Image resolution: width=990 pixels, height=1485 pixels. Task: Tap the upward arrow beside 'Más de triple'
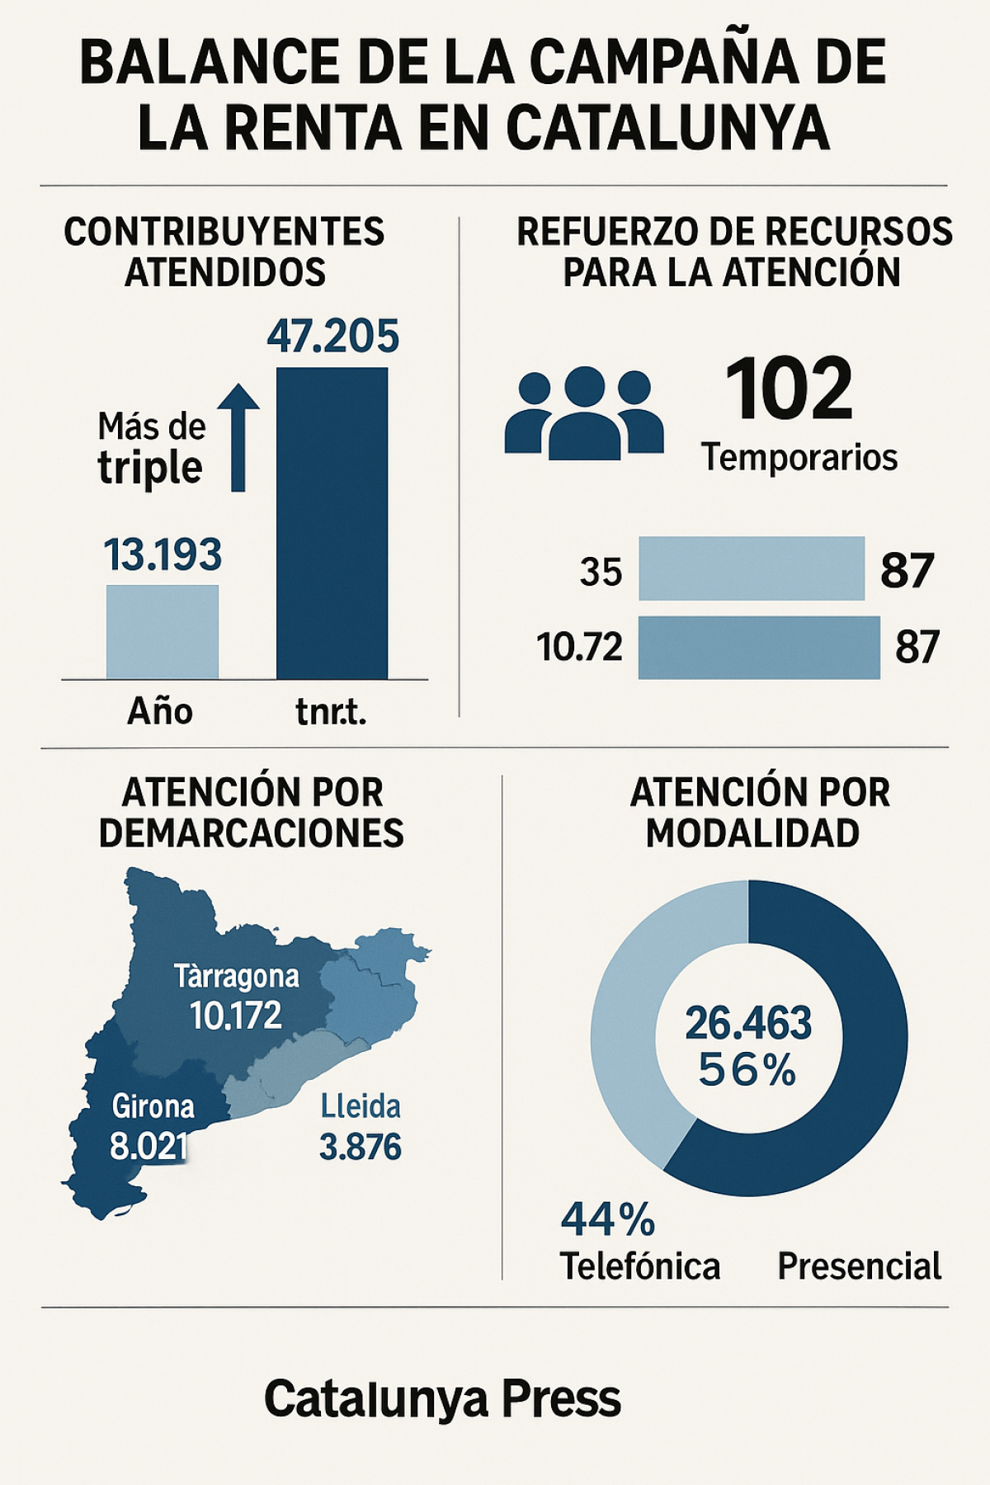tap(238, 436)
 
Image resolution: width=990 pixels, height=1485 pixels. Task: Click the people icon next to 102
tap(584, 413)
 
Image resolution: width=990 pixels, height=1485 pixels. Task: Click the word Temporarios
tap(799, 457)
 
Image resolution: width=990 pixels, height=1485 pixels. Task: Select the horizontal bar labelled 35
tap(751, 568)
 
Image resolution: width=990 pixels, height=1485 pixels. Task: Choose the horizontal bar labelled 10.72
tap(758, 648)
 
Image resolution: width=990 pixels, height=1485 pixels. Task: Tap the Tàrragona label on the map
tap(237, 977)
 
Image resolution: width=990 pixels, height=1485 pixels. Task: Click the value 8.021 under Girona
tap(148, 1146)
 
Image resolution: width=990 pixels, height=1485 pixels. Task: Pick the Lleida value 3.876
tap(361, 1148)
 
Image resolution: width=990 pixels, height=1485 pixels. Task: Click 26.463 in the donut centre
tap(748, 1023)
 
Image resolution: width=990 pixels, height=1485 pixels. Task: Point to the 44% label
tap(608, 1219)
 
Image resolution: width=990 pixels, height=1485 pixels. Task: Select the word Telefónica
tap(640, 1266)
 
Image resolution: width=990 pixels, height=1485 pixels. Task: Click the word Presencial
tap(859, 1266)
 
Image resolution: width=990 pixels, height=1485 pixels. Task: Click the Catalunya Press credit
tap(442, 1399)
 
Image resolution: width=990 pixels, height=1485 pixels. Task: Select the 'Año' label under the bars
tap(160, 711)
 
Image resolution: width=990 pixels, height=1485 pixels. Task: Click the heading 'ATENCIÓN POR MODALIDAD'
tap(759, 813)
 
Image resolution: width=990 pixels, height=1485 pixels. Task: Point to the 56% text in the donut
tap(747, 1071)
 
